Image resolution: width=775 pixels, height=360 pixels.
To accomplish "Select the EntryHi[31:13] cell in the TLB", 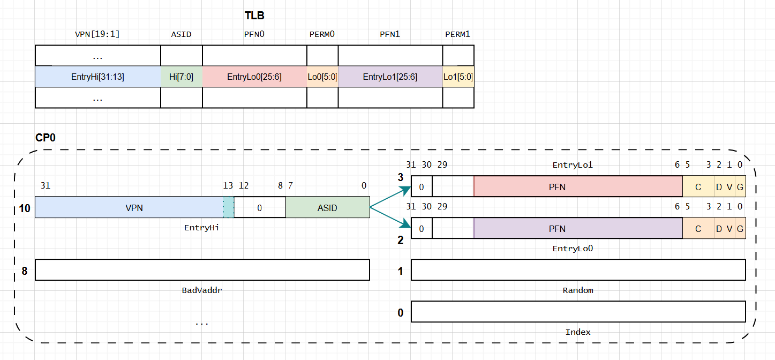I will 97,77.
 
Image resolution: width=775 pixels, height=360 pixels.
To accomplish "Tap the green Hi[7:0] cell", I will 181,77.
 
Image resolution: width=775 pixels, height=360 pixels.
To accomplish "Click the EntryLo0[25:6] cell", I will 254,77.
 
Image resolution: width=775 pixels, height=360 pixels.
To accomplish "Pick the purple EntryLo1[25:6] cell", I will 390,77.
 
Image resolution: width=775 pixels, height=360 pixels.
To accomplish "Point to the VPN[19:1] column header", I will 97,34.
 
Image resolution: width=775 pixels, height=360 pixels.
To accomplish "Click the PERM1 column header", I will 457,34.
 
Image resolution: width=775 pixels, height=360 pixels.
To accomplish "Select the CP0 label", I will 46,138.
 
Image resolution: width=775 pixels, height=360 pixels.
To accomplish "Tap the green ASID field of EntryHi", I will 327,207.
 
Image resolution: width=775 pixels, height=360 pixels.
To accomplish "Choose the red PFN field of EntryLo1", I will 577,186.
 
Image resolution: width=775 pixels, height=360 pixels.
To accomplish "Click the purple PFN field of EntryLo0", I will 577,229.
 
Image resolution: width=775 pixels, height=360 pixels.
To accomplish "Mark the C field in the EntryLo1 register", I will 698,186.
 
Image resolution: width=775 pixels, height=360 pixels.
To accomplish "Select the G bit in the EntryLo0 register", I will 740,229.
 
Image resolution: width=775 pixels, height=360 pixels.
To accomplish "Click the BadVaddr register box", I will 202,270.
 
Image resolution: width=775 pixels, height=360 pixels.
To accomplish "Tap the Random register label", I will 578,290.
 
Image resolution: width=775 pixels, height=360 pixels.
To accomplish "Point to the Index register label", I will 578,332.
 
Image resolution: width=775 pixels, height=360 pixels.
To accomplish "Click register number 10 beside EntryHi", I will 25,208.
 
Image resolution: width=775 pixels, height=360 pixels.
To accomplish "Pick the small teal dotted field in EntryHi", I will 228,207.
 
